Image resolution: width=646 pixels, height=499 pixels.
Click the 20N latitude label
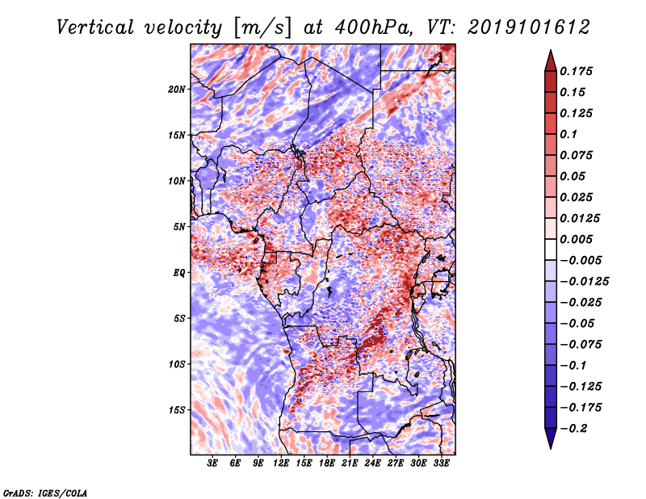point(176,90)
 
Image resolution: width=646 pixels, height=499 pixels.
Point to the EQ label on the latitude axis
point(178,273)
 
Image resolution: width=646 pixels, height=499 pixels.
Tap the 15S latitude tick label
point(177,410)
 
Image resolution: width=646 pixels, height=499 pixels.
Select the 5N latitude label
point(179,227)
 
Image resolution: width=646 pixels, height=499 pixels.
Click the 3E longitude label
point(212,463)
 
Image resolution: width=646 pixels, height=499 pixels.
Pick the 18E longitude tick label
point(327,463)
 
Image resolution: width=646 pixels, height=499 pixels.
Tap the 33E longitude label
point(441,463)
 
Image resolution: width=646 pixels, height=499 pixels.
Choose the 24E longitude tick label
point(372,463)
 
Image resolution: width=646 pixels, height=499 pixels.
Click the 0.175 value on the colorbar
point(576,71)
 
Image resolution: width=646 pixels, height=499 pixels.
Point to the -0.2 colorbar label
point(573,429)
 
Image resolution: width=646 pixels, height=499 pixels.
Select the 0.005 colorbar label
point(576,239)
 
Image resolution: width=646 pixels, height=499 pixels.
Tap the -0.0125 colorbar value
point(584,282)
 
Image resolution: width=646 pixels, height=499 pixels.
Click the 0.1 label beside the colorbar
point(568,134)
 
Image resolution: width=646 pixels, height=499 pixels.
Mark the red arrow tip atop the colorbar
point(551,51)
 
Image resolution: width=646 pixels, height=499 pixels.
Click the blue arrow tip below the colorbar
point(551,448)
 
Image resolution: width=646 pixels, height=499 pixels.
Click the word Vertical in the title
point(94,27)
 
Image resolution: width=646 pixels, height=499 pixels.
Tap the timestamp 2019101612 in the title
point(529,27)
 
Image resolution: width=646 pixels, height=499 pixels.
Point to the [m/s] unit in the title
point(262,27)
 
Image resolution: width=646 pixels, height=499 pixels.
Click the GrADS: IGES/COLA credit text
point(45,493)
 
